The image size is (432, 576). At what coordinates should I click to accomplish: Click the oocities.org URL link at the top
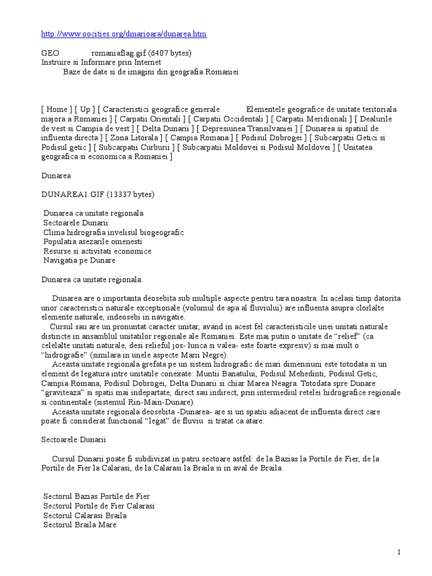coord(124,34)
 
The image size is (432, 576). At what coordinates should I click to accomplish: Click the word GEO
coord(50,53)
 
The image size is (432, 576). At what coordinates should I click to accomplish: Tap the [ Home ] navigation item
coord(57,109)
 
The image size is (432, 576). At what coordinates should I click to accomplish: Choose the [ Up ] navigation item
coord(84,109)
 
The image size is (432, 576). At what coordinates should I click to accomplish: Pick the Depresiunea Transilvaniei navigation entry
coord(245,128)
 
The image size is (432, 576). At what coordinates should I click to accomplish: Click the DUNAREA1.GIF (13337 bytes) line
coord(97,195)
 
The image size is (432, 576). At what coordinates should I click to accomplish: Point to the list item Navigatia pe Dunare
coord(79,260)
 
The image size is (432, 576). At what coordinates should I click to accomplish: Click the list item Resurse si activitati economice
coord(97,251)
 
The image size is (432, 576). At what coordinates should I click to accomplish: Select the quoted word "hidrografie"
coord(67,355)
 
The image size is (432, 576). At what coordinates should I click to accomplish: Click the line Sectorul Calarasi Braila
coord(85,516)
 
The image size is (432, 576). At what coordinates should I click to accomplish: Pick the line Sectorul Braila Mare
coord(80,525)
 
